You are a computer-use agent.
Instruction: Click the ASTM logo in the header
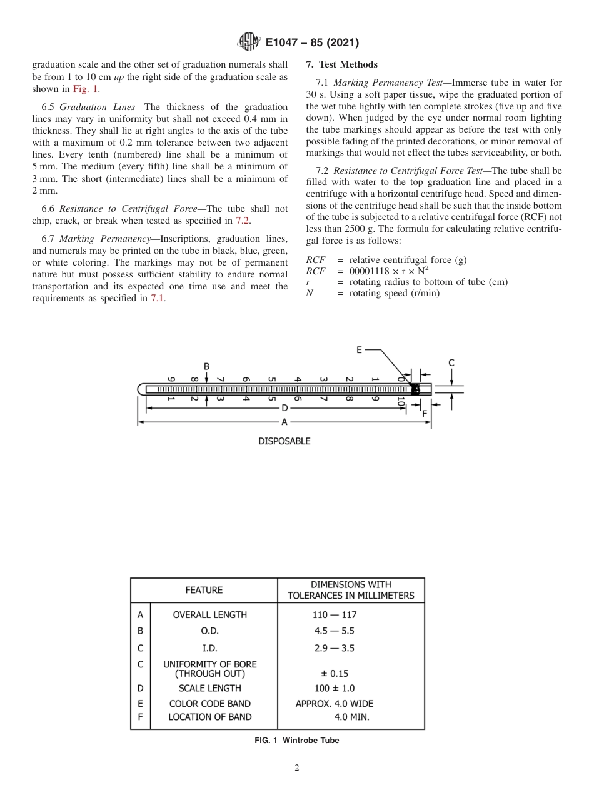click(x=249, y=42)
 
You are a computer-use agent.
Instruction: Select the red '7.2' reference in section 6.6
click(x=242, y=220)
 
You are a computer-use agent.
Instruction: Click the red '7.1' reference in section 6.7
click(x=157, y=298)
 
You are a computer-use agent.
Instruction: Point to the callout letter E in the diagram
click(x=359, y=350)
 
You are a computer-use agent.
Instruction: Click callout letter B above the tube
click(x=206, y=366)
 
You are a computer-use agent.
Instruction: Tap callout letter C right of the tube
click(x=451, y=363)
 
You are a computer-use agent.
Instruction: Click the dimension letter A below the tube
click(x=284, y=422)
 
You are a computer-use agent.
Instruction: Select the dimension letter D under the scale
click(x=284, y=408)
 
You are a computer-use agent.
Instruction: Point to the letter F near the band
click(x=425, y=413)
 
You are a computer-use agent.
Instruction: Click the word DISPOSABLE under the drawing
click(x=284, y=441)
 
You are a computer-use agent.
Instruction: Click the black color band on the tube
click(x=415, y=389)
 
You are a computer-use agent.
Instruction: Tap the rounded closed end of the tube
click(x=141, y=389)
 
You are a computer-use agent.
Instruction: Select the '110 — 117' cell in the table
click(x=335, y=615)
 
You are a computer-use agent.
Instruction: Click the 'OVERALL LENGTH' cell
click(x=209, y=615)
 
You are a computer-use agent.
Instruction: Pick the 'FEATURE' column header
click(x=204, y=590)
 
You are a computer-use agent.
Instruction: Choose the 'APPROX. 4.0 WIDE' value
click(x=335, y=704)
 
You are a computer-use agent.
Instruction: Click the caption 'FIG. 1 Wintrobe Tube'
click(x=297, y=741)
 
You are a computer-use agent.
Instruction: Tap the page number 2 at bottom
click(x=297, y=768)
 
